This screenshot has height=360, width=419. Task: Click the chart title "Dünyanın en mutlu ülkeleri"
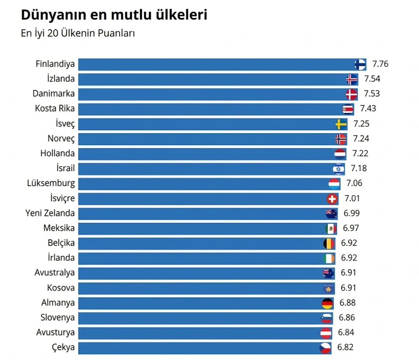coord(114,15)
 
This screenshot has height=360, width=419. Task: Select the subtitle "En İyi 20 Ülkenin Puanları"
coord(78,34)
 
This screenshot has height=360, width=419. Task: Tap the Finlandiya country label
coord(55,64)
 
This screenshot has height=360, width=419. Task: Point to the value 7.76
coord(380,64)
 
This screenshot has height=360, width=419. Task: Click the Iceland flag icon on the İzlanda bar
coord(352,80)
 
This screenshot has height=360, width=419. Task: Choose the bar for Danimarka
coord(212,94)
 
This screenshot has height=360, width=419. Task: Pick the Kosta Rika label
coord(55,109)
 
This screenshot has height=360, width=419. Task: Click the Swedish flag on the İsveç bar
coord(341,124)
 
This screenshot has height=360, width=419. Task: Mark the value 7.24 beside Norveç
coord(361,139)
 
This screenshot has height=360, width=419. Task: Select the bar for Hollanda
coord(208,154)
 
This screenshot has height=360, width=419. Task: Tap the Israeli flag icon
coord(339,169)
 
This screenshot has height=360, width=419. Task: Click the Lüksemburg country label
coord(51,183)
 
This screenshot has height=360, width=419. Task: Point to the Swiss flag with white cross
coord(332,199)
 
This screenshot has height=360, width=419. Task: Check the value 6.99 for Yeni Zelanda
coord(351,213)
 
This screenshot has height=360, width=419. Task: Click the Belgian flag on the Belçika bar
coord(329,243)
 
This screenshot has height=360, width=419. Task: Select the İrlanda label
coord(61,258)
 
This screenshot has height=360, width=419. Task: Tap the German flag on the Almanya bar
coord(327,303)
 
